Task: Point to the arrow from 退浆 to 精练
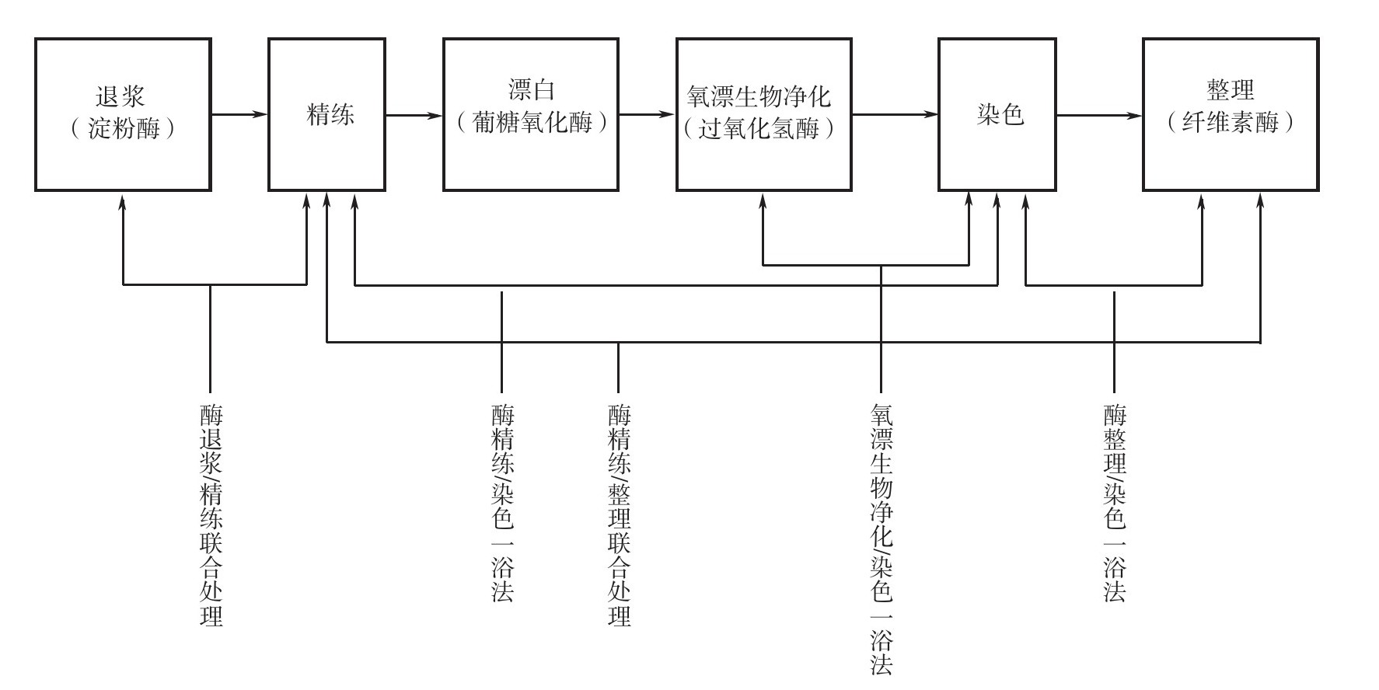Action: tap(240, 115)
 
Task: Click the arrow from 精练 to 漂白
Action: tap(414, 115)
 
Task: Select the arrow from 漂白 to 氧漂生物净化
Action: tap(648, 115)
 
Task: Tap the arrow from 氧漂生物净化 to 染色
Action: tap(895, 115)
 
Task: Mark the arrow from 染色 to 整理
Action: tap(1100, 115)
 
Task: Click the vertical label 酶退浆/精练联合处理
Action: tap(211, 515)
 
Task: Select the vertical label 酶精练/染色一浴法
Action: tap(502, 504)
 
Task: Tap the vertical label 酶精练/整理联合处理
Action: tap(619, 515)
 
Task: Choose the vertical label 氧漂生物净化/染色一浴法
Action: tap(881, 538)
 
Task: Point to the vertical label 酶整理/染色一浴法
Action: tap(1114, 504)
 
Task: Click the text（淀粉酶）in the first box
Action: tap(122, 128)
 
